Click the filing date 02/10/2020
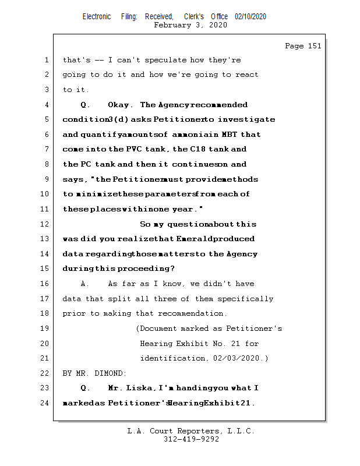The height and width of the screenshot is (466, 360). [x=250, y=17]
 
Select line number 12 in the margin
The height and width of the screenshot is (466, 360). [x=45, y=224]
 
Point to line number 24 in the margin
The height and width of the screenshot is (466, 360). [x=45, y=403]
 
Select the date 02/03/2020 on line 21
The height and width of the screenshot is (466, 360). [x=237, y=358]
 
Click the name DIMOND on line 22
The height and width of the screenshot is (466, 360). [x=111, y=373]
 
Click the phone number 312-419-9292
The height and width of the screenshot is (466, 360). [x=191, y=439]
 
